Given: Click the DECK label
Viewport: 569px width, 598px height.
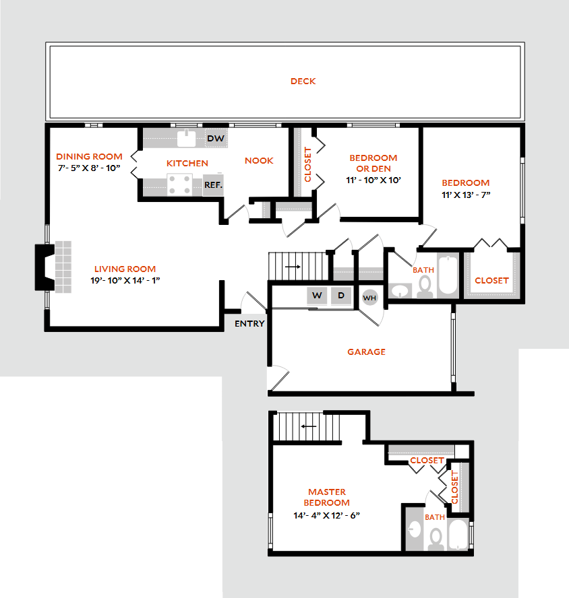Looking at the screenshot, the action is pyautogui.click(x=303, y=81).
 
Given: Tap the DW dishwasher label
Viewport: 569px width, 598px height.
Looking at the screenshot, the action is pyautogui.click(x=215, y=139).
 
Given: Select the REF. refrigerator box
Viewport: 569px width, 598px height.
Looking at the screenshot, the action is pyautogui.click(x=213, y=185).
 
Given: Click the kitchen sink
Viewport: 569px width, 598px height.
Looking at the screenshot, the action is pyautogui.click(x=187, y=138).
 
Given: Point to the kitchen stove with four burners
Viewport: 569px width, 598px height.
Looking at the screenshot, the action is pyautogui.click(x=179, y=185).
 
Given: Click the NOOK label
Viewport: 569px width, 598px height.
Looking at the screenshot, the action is pyautogui.click(x=259, y=160).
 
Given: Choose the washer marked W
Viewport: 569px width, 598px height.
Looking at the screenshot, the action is pyautogui.click(x=317, y=296).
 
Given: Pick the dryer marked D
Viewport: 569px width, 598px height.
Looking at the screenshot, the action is pyautogui.click(x=341, y=296).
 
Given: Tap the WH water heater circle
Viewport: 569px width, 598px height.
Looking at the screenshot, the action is pyautogui.click(x=369, y=298).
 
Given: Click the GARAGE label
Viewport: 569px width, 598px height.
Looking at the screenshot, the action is pyautogui.click(x=366, y=352).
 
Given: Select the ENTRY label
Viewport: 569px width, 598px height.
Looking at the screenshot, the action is pyautogui.click(x=249, y=323).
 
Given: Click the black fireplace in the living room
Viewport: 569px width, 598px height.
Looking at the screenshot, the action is pyautogui.click(x=44, y=267).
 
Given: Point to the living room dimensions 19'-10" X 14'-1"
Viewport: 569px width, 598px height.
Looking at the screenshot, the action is pyautogui.click(x=125, y=280).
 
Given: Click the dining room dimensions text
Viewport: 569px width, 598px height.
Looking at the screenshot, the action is pyautogui.click(x=89, y=168).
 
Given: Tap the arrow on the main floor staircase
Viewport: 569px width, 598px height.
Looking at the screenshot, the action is pyautogui.click(x=293, y=267).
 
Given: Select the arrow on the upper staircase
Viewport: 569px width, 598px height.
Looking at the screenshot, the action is pyautogui.click(x=309, y=426).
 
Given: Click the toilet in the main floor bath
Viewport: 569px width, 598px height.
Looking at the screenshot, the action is pyautogui.click(x=425, y=287).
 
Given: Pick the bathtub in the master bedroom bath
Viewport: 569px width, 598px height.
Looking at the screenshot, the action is pyautogui.click(x=458, y=534).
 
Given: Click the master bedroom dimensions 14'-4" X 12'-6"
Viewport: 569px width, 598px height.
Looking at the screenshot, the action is pyautogui.click(x=326, y=515).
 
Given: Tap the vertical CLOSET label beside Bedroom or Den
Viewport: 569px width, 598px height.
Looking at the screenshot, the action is pyautogui.click(x=308, y=164).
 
